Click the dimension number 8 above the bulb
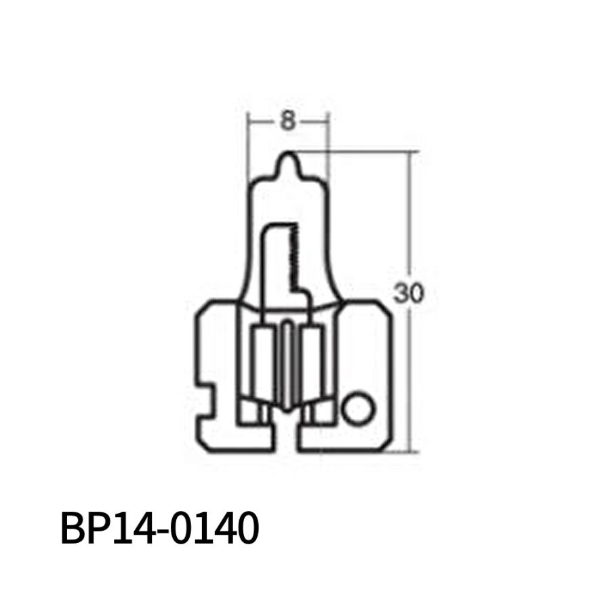click(287, 122)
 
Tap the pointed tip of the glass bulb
click(289, 155)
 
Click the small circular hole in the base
click(357, 409)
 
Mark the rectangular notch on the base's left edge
click(206, 392)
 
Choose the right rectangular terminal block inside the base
click(312, 366)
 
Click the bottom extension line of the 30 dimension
click(400, 451)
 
